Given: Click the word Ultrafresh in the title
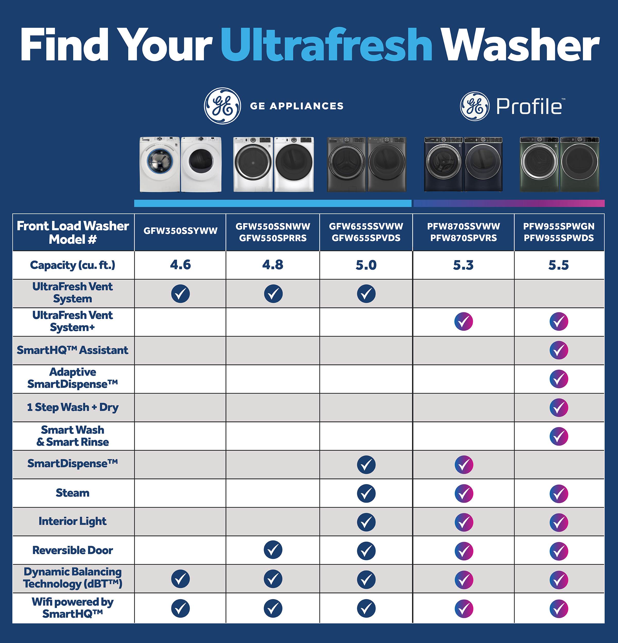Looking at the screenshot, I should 327,45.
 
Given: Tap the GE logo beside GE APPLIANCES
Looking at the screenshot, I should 222,106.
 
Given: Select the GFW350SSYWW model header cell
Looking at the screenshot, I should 180,231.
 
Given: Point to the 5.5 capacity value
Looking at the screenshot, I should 558,265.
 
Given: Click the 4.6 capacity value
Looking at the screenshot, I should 180,265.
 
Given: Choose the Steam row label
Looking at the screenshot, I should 73,493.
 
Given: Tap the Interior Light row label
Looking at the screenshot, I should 73,521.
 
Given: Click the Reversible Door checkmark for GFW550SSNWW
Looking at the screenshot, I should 273,550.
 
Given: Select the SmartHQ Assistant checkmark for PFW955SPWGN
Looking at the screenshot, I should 559,350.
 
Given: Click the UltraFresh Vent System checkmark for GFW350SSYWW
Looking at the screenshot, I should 180,294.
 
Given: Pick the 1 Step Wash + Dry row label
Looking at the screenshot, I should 73,407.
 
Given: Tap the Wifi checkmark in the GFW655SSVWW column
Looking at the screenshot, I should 366,609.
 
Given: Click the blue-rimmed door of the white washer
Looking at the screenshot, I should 160,161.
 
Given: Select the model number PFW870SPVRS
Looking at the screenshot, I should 463,238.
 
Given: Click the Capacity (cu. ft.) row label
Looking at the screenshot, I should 73,265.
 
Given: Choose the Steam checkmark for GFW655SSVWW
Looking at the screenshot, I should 366,493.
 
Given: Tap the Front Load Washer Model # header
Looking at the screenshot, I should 73,233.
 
